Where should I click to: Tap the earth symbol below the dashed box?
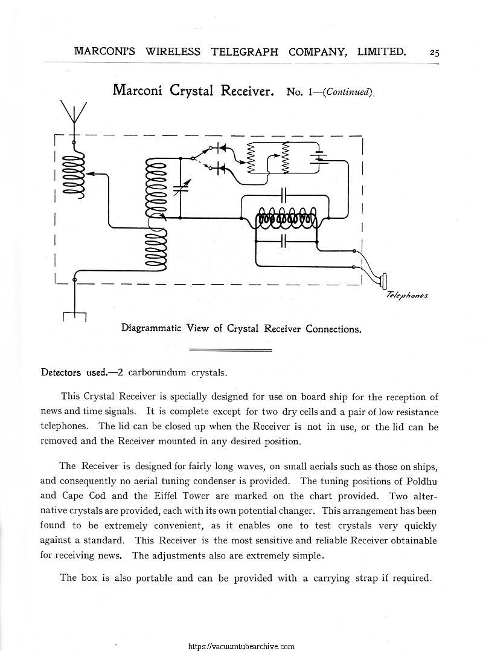pos(74,315)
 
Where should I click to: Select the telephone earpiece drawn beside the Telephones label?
pos(383,280)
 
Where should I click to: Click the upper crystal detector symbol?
pos(221,147)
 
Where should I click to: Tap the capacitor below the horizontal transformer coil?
pos(285,241)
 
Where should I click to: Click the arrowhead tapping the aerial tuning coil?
pos(91,173)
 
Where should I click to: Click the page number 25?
pos(434,53)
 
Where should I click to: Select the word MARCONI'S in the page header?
pos(106,52)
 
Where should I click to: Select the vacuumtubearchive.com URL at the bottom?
pos(241,646)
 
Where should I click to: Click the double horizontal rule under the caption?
pos(231,350)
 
